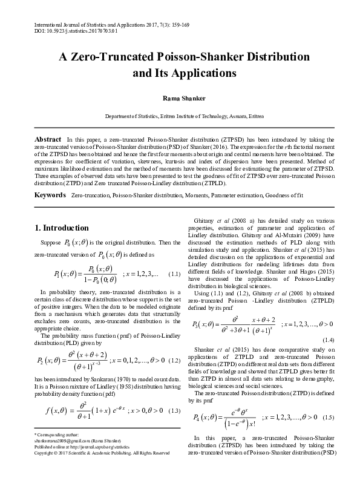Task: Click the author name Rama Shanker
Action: pyautogui.click(x=180, y=97)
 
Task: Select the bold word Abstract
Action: pyautogui.click(x=48, y=139)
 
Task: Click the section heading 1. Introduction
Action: pyautogui.click(x=61, y=228)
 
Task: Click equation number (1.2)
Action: pyautogui.click(x=172, y=360)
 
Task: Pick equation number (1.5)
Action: pyautogui.click(x=328, y=418)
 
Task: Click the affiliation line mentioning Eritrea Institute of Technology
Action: pyautogui.click(x=180, y=115)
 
